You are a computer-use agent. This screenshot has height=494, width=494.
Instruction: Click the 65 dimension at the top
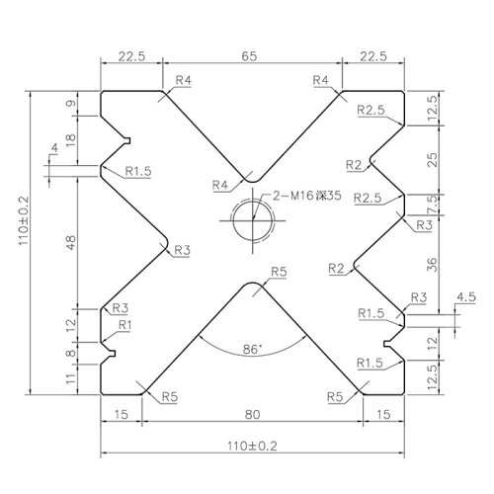[249, 56]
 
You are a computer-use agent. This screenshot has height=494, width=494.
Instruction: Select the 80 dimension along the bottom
[252, 414]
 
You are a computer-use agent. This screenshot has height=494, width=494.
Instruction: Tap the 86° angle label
[252, 349]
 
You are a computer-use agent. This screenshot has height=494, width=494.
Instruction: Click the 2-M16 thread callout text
[306, 196]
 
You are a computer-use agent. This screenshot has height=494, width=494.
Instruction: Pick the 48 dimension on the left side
[71, 242]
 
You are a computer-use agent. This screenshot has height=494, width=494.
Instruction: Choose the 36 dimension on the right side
[433, 265]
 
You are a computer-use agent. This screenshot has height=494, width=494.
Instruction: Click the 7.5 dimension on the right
[433, 205]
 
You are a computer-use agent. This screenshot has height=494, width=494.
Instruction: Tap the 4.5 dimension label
[466, 297]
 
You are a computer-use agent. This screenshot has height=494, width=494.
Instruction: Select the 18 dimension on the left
[71, 141]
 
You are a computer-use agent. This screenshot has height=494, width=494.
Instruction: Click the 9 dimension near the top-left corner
[71, 103]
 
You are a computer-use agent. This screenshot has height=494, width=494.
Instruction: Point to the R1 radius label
[124, 325]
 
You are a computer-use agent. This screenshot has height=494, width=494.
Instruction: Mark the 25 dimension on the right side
[433, 160]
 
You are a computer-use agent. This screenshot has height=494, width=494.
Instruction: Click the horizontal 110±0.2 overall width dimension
[252, 446]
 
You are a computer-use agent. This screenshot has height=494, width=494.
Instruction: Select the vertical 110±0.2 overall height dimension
[24, 220]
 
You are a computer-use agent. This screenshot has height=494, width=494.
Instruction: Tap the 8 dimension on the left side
[71, 354]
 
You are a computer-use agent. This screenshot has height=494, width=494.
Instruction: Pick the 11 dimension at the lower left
[71, 378]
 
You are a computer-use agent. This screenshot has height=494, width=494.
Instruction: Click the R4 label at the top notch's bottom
[220, 185]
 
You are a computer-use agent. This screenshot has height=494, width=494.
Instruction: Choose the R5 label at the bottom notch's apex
[279, 272]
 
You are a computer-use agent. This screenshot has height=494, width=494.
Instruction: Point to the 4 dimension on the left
[54, 148]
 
